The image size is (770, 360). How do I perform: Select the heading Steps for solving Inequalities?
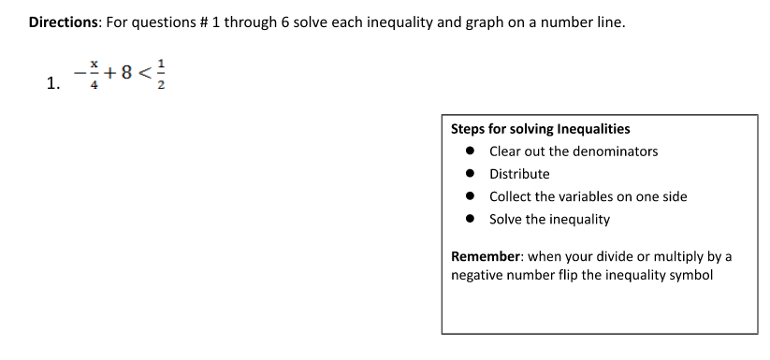(540, 129)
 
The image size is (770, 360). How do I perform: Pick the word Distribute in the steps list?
(519, 174)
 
